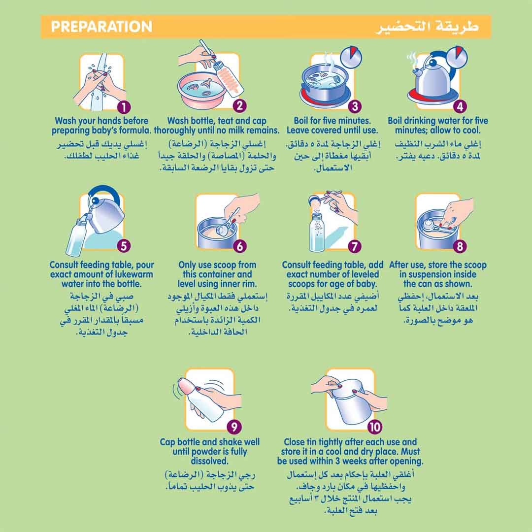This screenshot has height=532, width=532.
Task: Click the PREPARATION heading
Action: (x=101, y=27)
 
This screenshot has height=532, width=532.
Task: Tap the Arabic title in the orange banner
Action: (x=428, y=27)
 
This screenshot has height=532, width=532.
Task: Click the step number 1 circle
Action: (x=124, y=107)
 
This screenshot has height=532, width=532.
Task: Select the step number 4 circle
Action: (x=460, y=106)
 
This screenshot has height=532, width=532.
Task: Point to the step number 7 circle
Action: (x=355, y=246)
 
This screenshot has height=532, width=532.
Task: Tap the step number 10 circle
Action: (x=374, y=427)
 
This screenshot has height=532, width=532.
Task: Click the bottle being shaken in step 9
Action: (x=202, y=399)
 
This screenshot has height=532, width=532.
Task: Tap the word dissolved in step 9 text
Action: (x=209, y=461)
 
